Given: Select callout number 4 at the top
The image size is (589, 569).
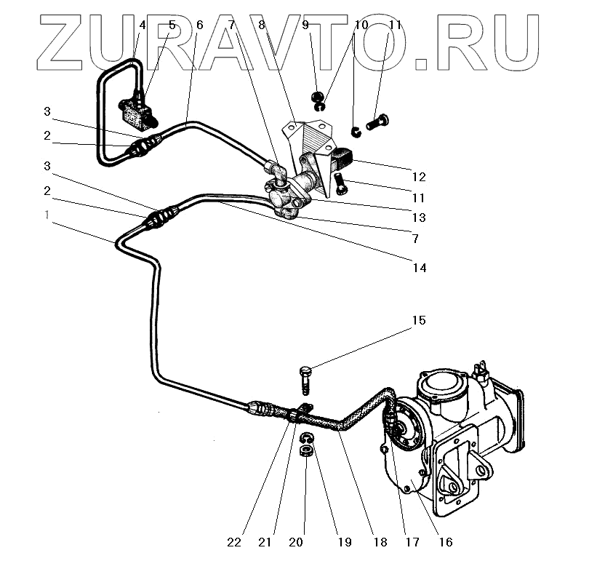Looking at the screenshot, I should coord(143,25).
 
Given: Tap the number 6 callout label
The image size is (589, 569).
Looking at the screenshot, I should coord(199,25).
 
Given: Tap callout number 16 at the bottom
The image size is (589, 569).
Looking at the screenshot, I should coord(445,542).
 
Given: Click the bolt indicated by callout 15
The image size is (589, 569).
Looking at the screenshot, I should coord(306,381).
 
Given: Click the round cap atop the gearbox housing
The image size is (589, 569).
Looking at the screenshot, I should coord(442,383).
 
